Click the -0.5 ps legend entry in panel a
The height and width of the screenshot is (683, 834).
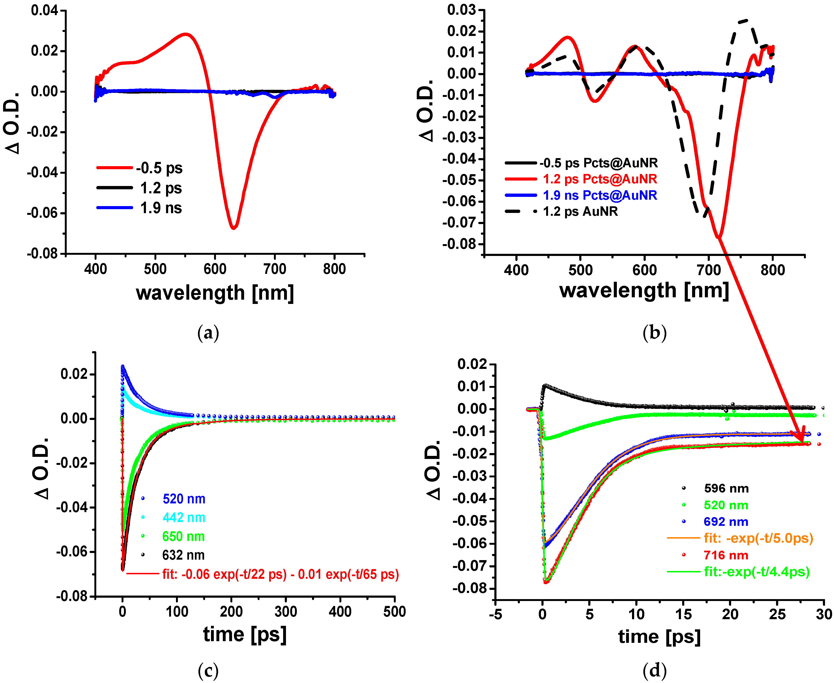tap(159, 168)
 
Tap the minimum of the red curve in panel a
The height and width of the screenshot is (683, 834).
tap(233, 227)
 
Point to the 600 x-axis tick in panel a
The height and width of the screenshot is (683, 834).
tap(215, 269)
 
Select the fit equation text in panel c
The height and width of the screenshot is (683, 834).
tap(280, 575)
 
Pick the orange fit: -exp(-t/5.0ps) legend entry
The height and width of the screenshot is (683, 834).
tap(758, 538)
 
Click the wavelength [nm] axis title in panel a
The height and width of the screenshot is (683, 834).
tap(215, 293)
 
